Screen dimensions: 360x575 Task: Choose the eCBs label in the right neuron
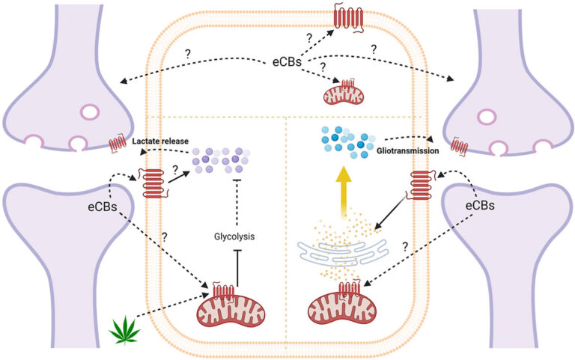480,204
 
